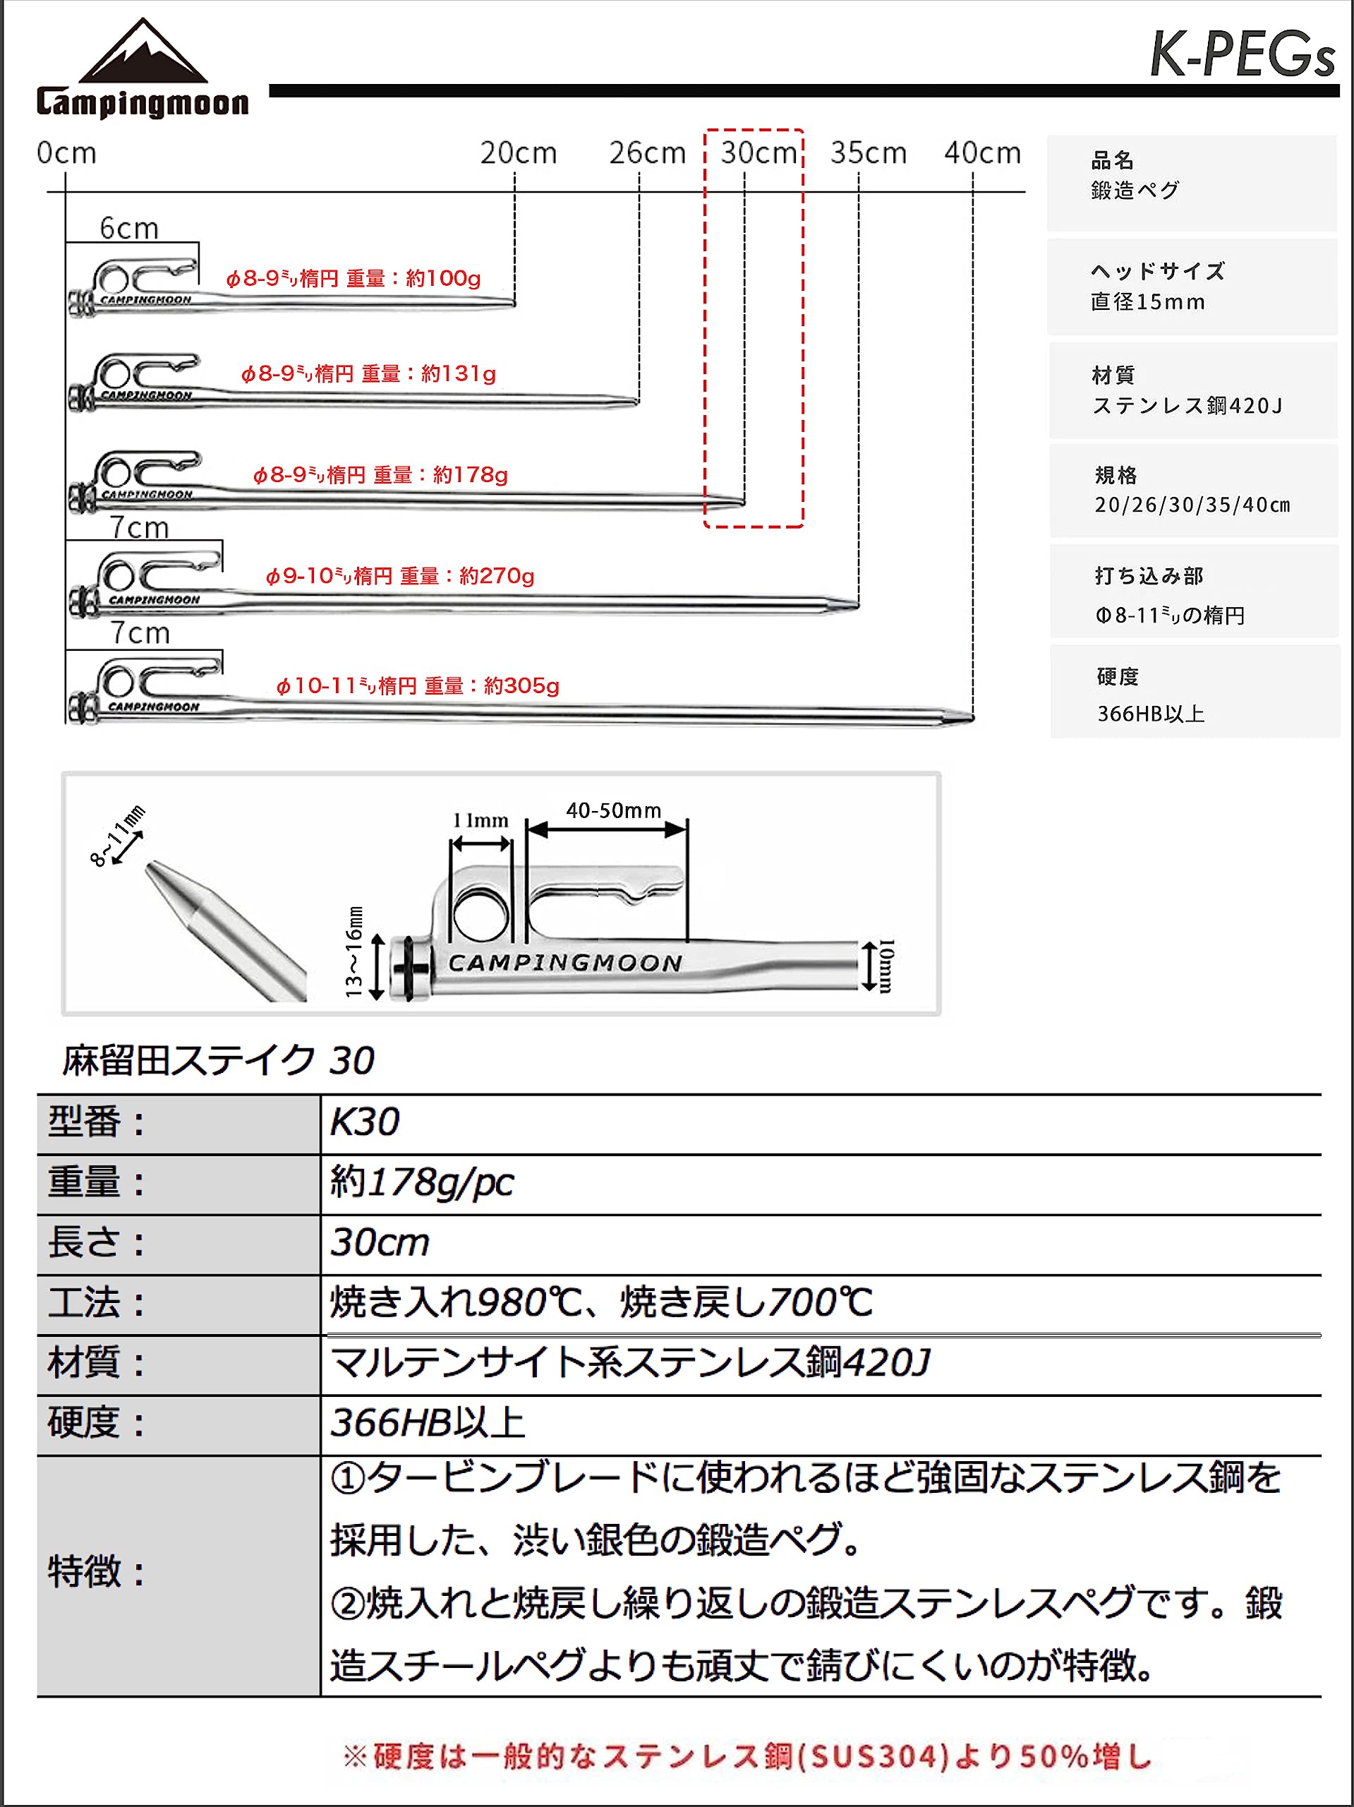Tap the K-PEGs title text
1240,55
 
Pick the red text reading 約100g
443,279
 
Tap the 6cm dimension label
129,228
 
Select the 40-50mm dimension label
613,810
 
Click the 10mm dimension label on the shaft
887,965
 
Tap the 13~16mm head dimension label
353,951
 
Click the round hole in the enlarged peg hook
480,913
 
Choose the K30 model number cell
365,1122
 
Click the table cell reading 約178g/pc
421,1183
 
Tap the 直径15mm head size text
1147,302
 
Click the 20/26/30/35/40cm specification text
1192,505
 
